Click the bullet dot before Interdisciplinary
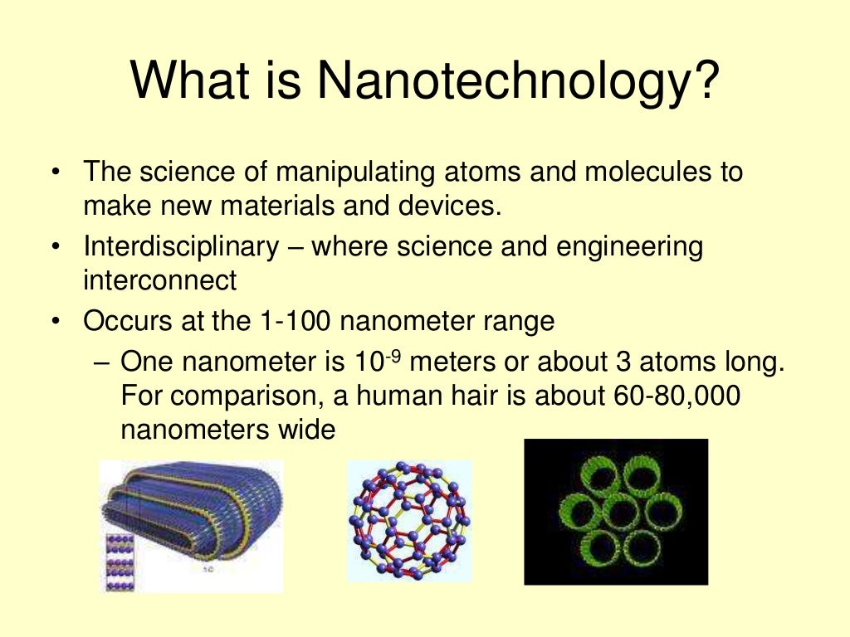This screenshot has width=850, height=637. coord(55,248)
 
